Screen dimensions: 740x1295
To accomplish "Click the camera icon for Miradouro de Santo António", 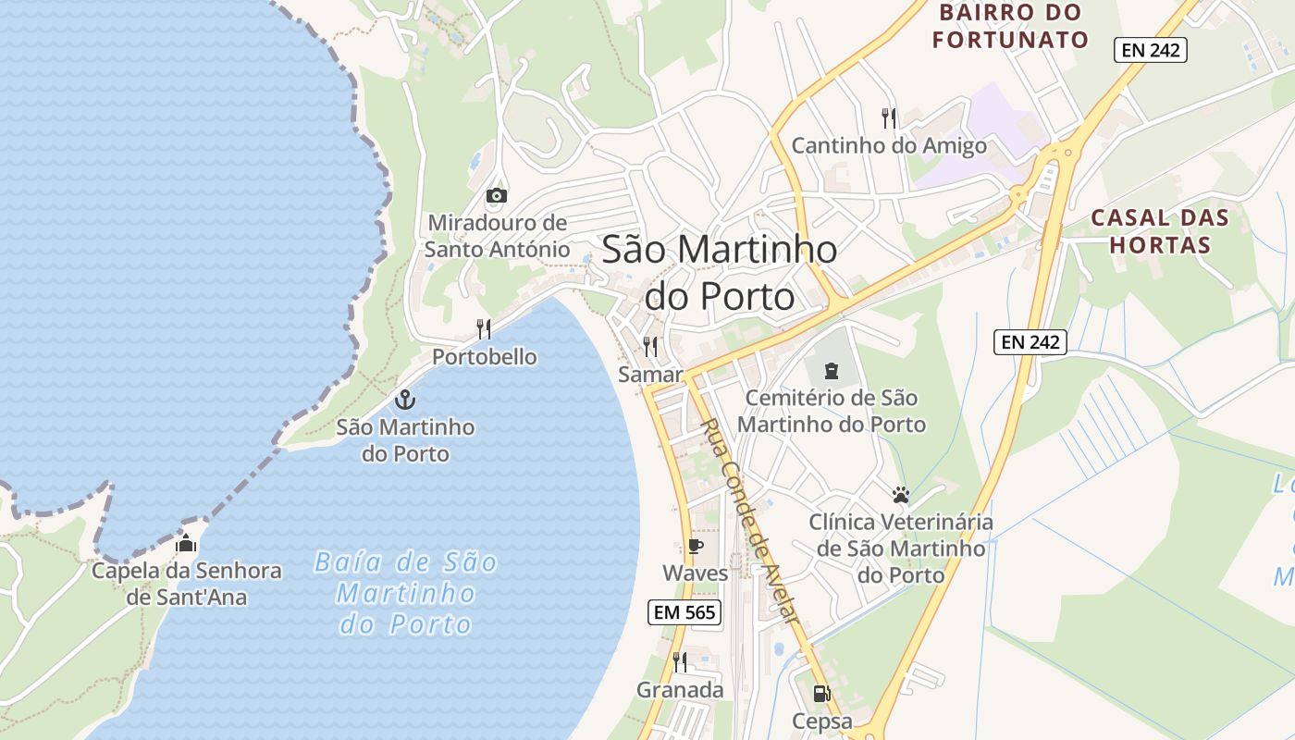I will pos(497,195).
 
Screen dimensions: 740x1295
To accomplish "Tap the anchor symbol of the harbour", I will pos(404,400).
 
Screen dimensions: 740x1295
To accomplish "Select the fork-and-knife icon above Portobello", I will pos(484,329).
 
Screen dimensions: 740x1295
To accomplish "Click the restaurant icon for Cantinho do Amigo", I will pos(889,117).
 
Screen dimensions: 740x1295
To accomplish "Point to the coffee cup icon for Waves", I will pos(695,546).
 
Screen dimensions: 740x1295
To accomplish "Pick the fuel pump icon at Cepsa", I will pos(820,693).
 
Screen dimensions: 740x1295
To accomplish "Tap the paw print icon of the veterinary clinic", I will pos(901,494).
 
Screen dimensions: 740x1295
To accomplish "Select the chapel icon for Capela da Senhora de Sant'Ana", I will pos(186,543).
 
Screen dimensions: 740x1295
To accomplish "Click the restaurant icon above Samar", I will pos(650,347).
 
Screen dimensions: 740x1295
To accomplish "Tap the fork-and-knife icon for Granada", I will pos(680,661).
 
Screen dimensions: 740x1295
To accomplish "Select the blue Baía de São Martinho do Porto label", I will pos(406,593).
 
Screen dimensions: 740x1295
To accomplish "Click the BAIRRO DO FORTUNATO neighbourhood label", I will pos(1010,26).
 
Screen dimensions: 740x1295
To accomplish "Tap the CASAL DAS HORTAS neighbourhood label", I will pos(1160,231).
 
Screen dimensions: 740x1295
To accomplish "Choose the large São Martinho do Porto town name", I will pos(720,272).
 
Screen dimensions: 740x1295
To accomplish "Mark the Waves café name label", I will pos(696,573).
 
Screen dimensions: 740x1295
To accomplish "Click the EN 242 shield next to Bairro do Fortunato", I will pos(1151,50).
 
